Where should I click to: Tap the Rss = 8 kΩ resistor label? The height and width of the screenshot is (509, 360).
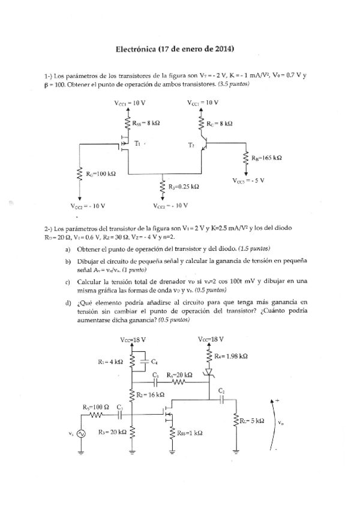tap(146, 122)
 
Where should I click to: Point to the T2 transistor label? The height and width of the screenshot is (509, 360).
tap(191, 145)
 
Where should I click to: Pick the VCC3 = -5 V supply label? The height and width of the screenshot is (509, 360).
tap(248, 180)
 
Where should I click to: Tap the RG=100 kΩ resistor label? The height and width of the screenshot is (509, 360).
tap(100, 173)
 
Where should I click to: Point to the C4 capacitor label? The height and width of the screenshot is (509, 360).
tap(154, 362)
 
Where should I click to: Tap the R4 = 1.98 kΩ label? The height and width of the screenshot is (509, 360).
tap(231, 356)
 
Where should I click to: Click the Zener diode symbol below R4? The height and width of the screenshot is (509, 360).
tap(209, 375)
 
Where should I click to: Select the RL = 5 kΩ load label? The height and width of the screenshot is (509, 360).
tap(251, 421)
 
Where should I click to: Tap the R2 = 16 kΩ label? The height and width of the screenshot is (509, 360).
tap(148, 395)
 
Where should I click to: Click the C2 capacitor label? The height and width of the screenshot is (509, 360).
tap(221, 391)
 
